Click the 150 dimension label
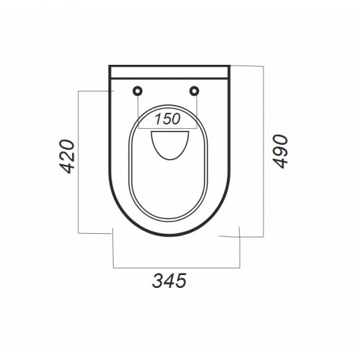coord(168,119)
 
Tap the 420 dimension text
coord(67,156)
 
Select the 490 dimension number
coord(280,151)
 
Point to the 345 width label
coord(169,281)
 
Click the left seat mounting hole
coord(138,91)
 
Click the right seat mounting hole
coord(194,91)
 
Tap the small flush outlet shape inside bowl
coord(170,145)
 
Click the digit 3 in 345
coord(158,281)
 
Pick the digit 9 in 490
coord(280,151)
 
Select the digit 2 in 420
coord(67,156)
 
